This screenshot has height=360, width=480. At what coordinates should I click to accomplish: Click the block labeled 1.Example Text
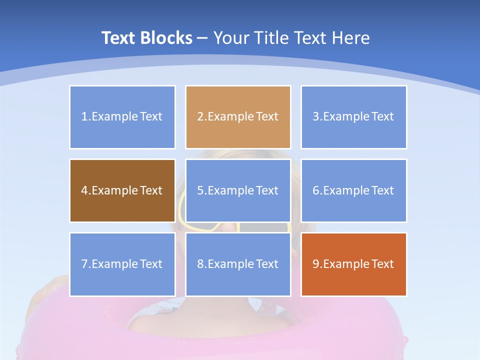click(122, 117)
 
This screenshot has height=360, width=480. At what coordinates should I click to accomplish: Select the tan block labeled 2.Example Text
click(238, 117)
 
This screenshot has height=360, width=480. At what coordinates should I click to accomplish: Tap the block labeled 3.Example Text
click(353, 117)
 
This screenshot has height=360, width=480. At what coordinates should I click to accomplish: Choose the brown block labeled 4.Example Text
click(122, 190)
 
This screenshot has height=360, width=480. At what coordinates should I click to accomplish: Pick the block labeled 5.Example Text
click(238, 190)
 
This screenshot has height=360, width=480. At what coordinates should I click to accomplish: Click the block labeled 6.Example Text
click(353, 190)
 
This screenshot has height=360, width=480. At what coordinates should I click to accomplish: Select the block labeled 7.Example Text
click(122, 264)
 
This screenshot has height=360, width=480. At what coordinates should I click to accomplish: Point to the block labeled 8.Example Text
click(238, 264)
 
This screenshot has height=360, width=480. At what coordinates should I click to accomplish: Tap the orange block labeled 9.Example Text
click(353, 264)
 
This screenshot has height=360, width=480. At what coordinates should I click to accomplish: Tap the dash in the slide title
click(202, 38)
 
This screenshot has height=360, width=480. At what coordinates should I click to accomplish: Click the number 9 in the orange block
click(316, 264)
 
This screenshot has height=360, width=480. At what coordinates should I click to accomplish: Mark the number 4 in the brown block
click(84, 190)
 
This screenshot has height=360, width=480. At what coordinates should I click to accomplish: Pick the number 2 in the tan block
click(200, 117)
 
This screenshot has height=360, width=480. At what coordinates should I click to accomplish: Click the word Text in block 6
click(382, 190)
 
